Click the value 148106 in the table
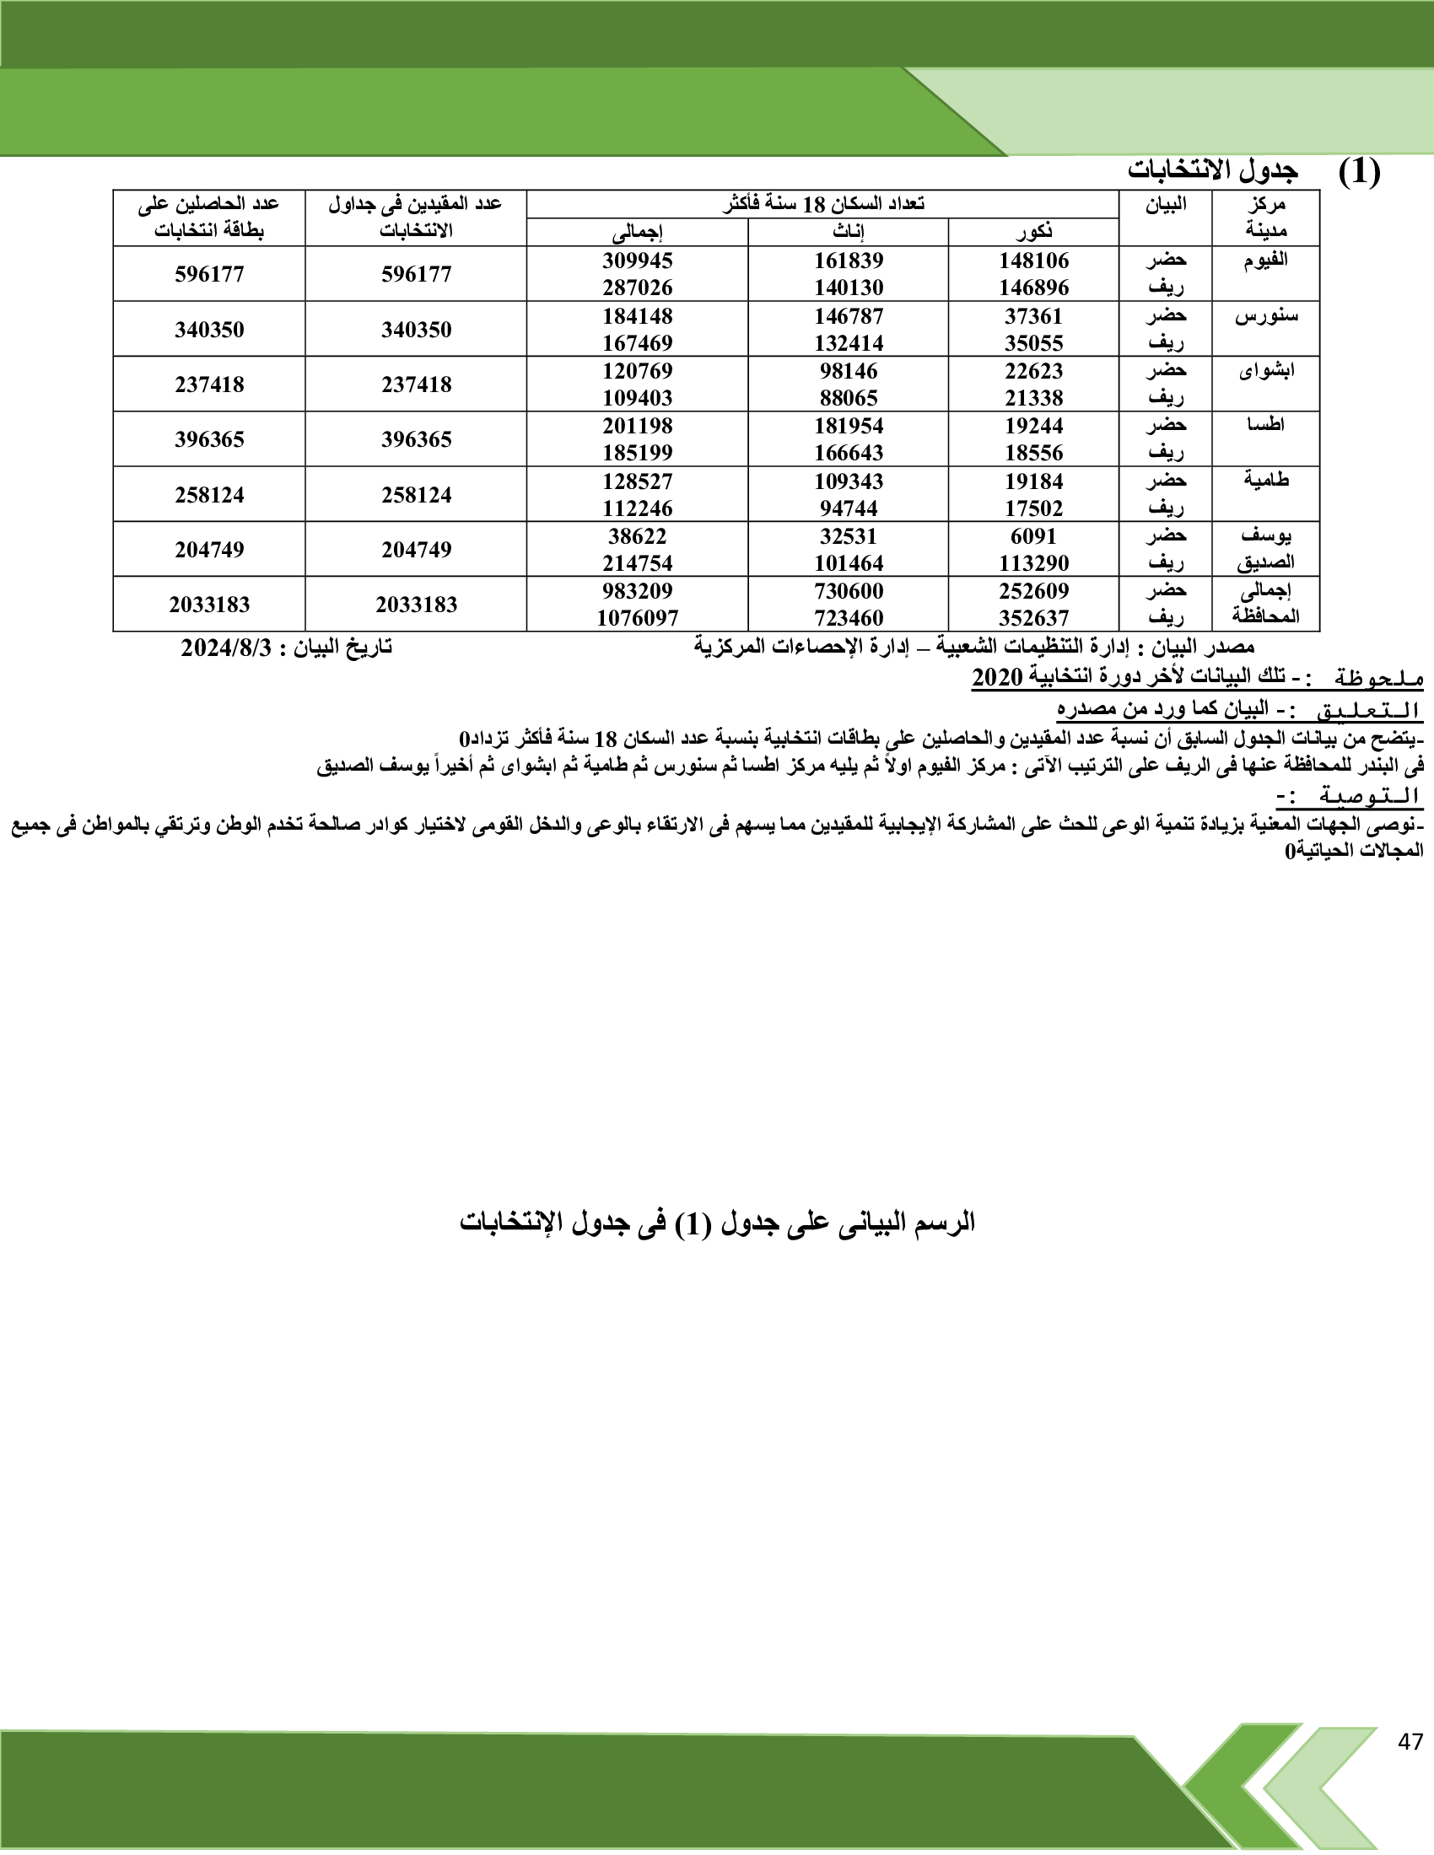pos(1033,261)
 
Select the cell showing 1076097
pos(637,618)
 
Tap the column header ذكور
pos(1033,232)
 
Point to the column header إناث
pos(848,232)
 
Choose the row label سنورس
pos(1266,317)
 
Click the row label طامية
pos(1266,481)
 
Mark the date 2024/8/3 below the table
pos(226,648)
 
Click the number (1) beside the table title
pos(1359,172)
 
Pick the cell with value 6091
pos(1033,537)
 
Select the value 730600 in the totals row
pos(849,591)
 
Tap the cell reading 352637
pos(1033,618)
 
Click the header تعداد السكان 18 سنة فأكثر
pos(822,205)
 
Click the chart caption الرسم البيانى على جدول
pos(717,1223)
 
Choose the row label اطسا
pos(1266,425)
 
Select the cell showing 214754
pos(637,563)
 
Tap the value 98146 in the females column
pos(849,371)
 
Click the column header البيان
pos(1166,205)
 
